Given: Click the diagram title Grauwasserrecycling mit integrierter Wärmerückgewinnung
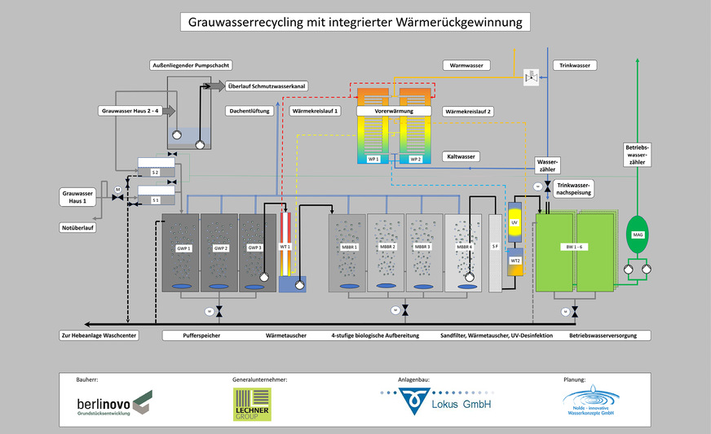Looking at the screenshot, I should [355, 22].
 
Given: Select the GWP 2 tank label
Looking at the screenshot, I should [219, 247].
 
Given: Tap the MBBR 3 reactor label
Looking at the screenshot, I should [425, 247].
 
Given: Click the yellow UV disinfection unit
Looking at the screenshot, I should [514, 222].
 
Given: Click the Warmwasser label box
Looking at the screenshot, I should [466, 64].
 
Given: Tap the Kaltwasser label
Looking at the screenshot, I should [461, 156].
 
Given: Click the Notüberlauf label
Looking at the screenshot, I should [77, 227].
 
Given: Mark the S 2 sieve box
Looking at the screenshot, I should [155, 173].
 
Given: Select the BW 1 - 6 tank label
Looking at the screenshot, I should [575, 247].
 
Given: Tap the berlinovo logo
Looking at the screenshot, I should [113, 402].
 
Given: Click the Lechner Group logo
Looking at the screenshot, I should [252, 404].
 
